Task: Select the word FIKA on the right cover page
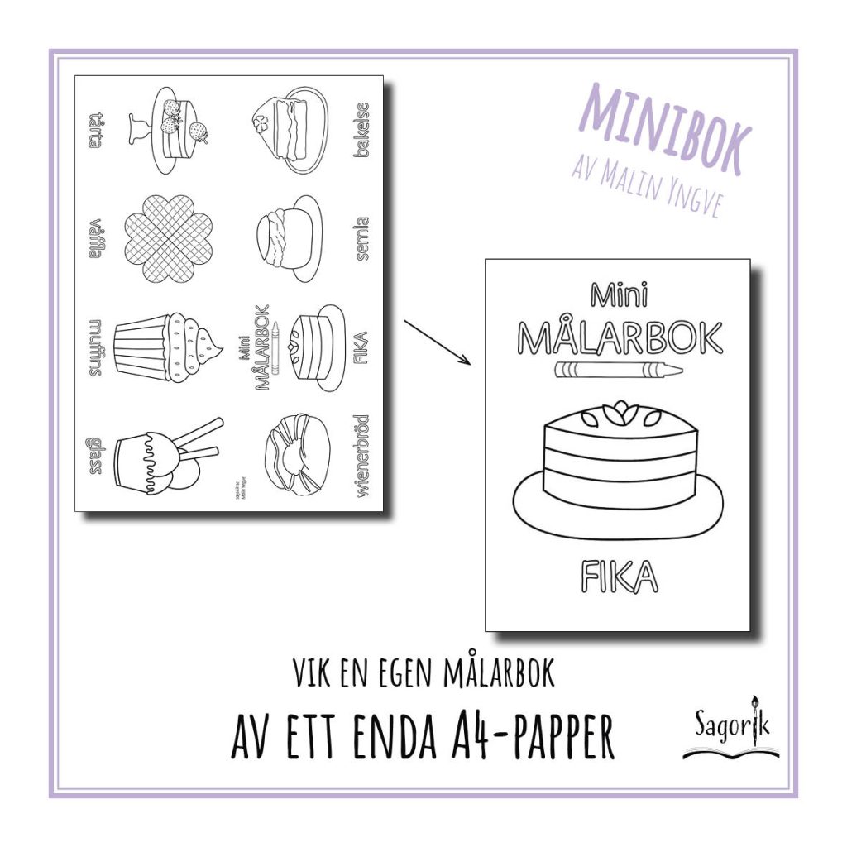point(619,577)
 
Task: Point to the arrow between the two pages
point(438,342)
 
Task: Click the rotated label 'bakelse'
point(361,130)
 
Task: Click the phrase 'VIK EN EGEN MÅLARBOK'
point(423,674)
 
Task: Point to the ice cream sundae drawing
point(161,457)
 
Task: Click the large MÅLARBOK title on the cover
point(619,337)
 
